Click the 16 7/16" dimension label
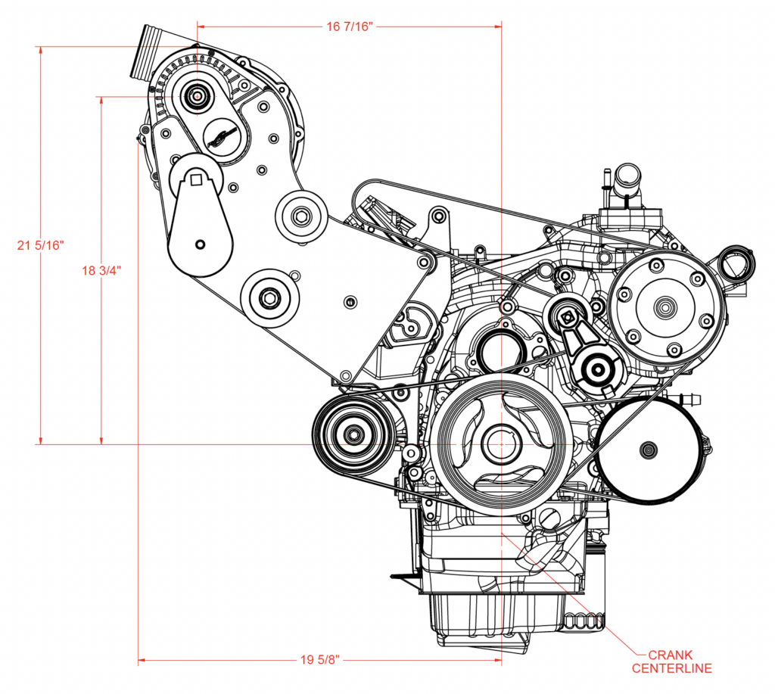click(349, 26)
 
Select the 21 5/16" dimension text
click(42, 244)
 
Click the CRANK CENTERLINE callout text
click(672, 661)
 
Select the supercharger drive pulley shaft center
click(198, 96)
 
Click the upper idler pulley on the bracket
click(301, 217)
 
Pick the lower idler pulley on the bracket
click(269, 297)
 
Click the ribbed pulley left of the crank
click(353, 434)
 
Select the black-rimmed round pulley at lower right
click(648, 450)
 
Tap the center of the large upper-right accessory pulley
click(665, 306)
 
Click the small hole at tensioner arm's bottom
click(200, 244)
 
